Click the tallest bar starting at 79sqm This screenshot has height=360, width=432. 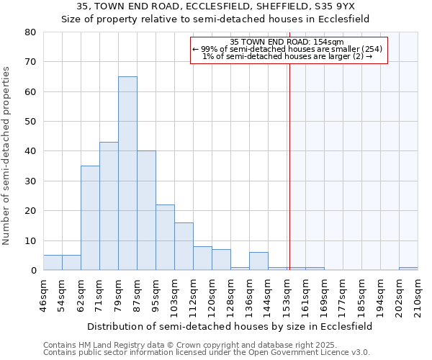(127, 173)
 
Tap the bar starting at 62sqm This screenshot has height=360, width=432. (90, 217)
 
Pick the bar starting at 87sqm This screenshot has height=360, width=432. (146, 210)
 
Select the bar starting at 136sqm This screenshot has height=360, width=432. (258, 261)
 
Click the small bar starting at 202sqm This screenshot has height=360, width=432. (408, 269)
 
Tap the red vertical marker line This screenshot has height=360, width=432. (289, 158)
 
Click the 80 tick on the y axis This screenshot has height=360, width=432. (30, 32)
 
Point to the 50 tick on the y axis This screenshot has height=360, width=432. (30, 122)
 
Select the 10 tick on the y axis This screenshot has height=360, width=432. (30, 240)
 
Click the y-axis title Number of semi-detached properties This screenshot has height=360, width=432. (6, 156)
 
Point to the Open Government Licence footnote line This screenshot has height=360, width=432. (207, 353)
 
